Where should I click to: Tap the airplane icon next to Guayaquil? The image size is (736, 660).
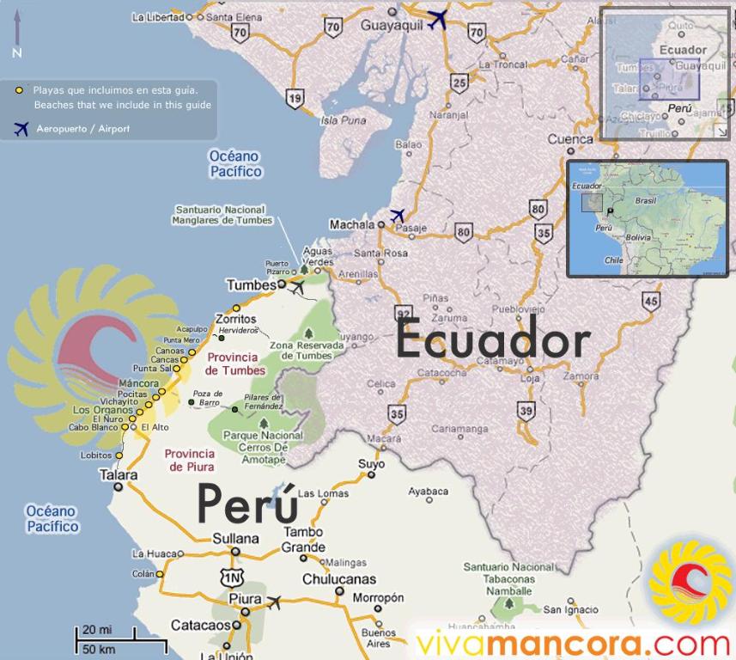[x=438, y=19]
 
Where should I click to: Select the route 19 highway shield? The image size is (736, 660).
[x=295, y=99]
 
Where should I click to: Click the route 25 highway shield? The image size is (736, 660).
[x=460, y=82]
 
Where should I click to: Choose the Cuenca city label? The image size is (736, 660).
[x=570, y=139]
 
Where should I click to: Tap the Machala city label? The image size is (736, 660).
[x=352, y=224]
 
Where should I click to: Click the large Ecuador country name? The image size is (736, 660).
[x=492, y=341]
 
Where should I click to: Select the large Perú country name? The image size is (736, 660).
[x=247, y=503]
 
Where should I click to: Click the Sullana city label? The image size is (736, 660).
[x=234, y=539]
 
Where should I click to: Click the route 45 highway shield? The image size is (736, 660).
[x=650, y=301]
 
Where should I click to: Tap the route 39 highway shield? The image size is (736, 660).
[x=526, y=411]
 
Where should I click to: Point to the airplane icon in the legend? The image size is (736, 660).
[x=21, y=128]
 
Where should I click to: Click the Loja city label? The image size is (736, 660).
[x=530, y=377]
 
